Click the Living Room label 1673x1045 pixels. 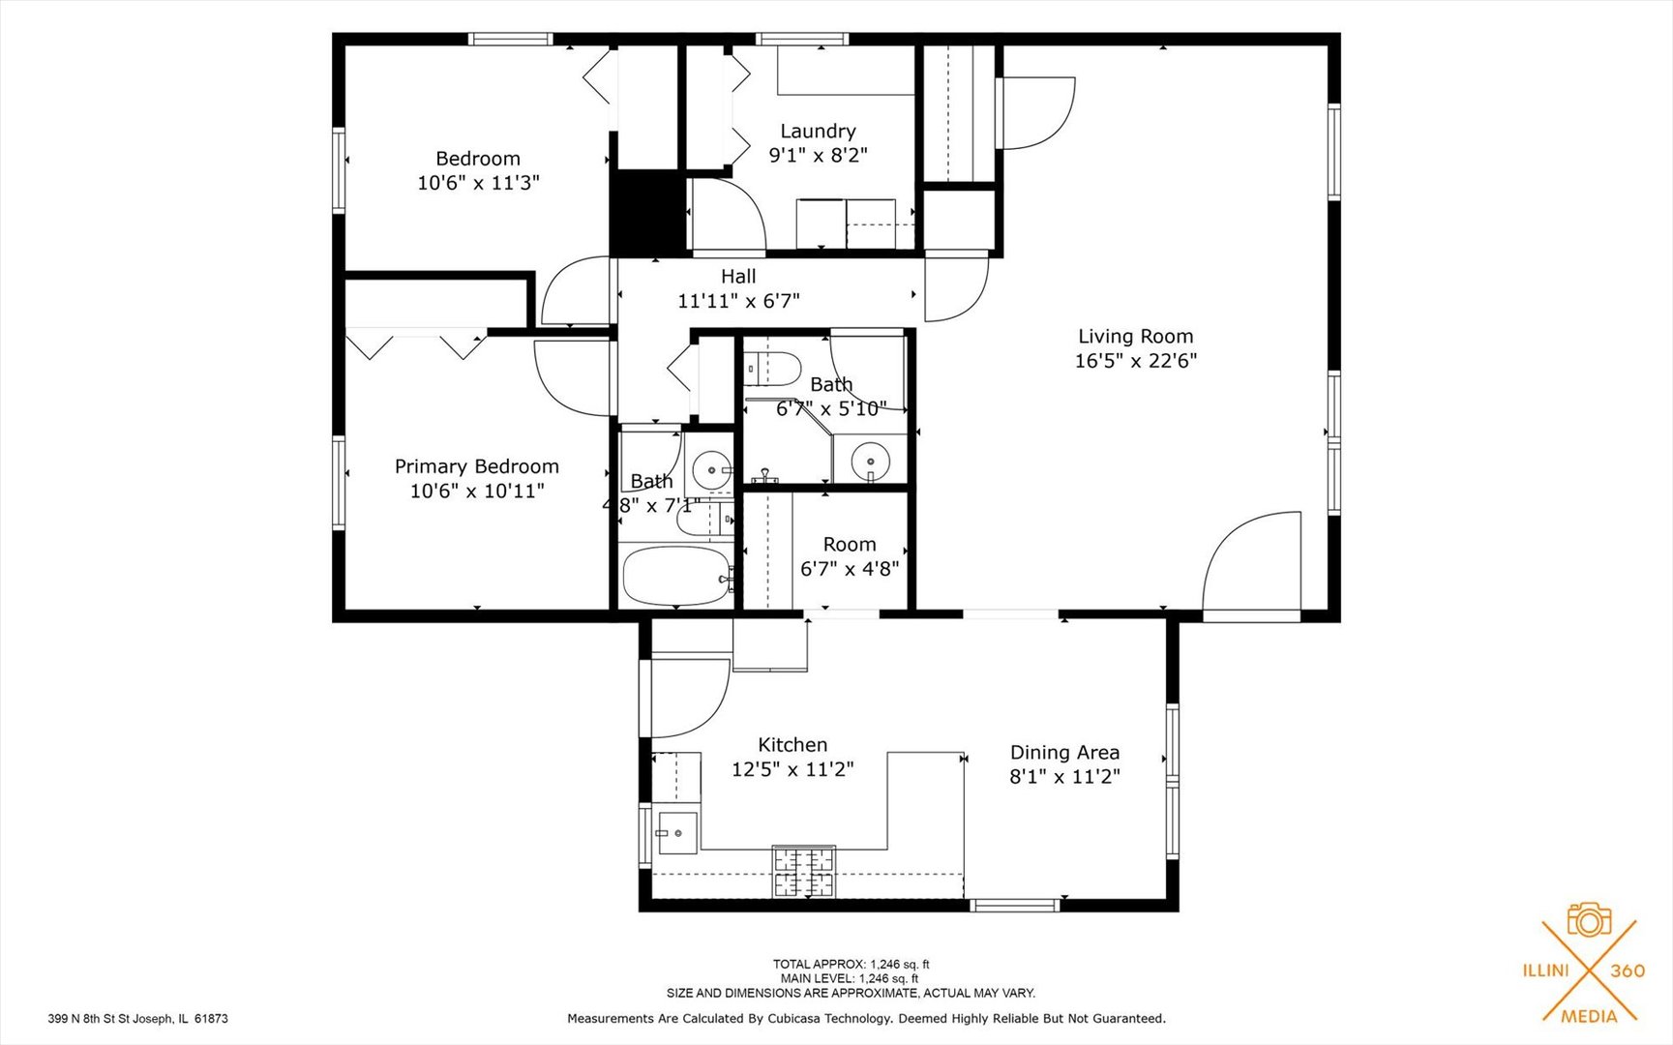[1135, 337]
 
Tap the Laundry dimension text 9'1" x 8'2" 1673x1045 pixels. [818, 155]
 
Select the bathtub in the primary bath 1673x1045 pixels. [676, 576]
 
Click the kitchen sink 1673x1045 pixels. [677, 833]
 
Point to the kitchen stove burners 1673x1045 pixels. [803, 871]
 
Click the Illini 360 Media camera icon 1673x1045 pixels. [1589, 920]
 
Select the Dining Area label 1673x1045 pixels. [1064, 753]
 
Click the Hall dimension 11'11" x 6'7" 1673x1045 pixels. [738, 301]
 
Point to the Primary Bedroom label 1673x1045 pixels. [476, 466]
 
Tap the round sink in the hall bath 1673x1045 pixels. [870, 461]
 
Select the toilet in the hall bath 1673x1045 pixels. [773, 369]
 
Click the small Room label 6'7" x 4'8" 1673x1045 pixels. [849, 556]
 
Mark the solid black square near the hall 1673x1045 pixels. [646, 212]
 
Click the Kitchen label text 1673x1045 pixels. [792, 745]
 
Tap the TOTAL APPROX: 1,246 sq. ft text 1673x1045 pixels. [851, 964]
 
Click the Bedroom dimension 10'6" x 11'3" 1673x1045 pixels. [478, 183]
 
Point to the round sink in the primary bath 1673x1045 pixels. [713, 470]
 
